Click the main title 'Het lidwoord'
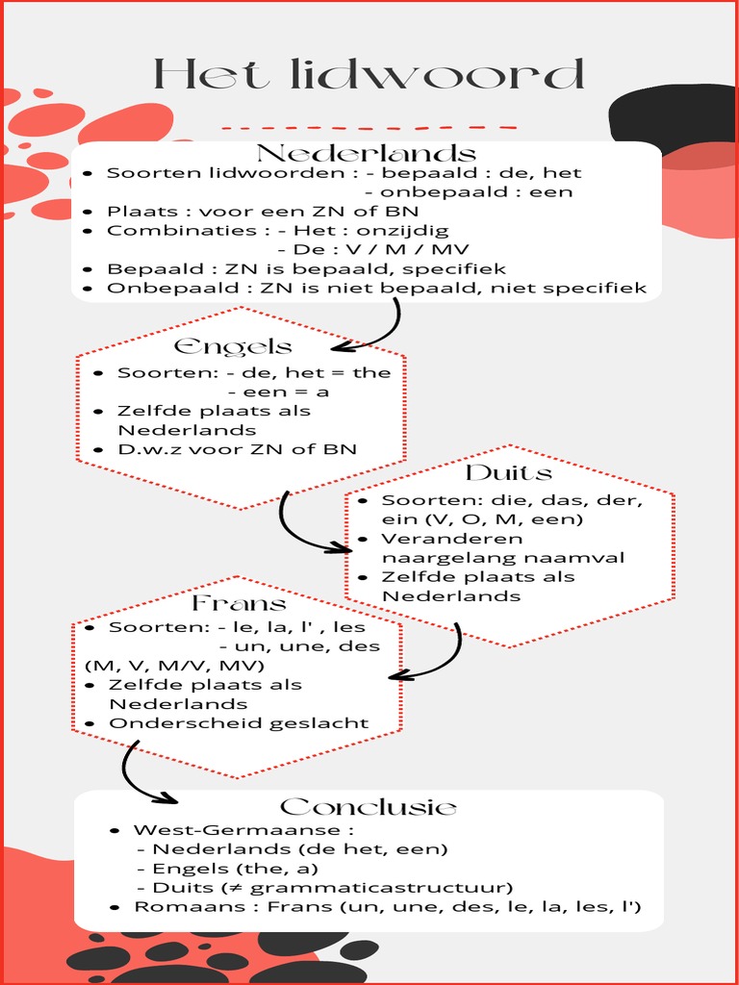[x=369, y=74]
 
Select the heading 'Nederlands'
[x=366, y=154]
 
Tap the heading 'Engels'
[x=233, y=346]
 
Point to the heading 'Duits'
[x=508, y=473]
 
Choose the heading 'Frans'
[x=239, y=604]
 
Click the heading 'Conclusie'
[x=369, y=806]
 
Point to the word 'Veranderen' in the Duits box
[x=439, y=539]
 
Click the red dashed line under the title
[x=369, y=127]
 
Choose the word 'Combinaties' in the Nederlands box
[x=154, y=231]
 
